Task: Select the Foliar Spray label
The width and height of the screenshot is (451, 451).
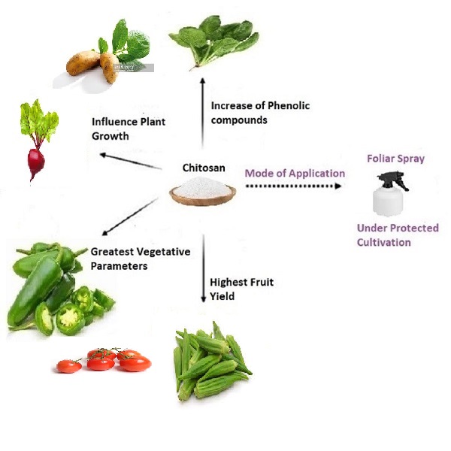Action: [395, 159]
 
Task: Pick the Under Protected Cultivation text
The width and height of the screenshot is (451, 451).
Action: [397, 235]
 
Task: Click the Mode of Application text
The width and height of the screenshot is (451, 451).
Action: [295, 173]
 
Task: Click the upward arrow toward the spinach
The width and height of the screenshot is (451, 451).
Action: [202, 105]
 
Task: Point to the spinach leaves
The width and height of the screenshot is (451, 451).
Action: [214, 41]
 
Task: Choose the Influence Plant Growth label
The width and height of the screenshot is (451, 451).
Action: [128, 129]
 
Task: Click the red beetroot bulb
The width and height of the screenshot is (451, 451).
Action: [35, 162]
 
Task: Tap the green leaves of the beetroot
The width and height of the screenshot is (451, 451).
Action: [39, 120]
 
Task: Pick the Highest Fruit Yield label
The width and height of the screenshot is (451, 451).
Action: [241, 289]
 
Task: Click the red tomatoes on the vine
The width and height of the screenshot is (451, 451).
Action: [105, 360]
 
